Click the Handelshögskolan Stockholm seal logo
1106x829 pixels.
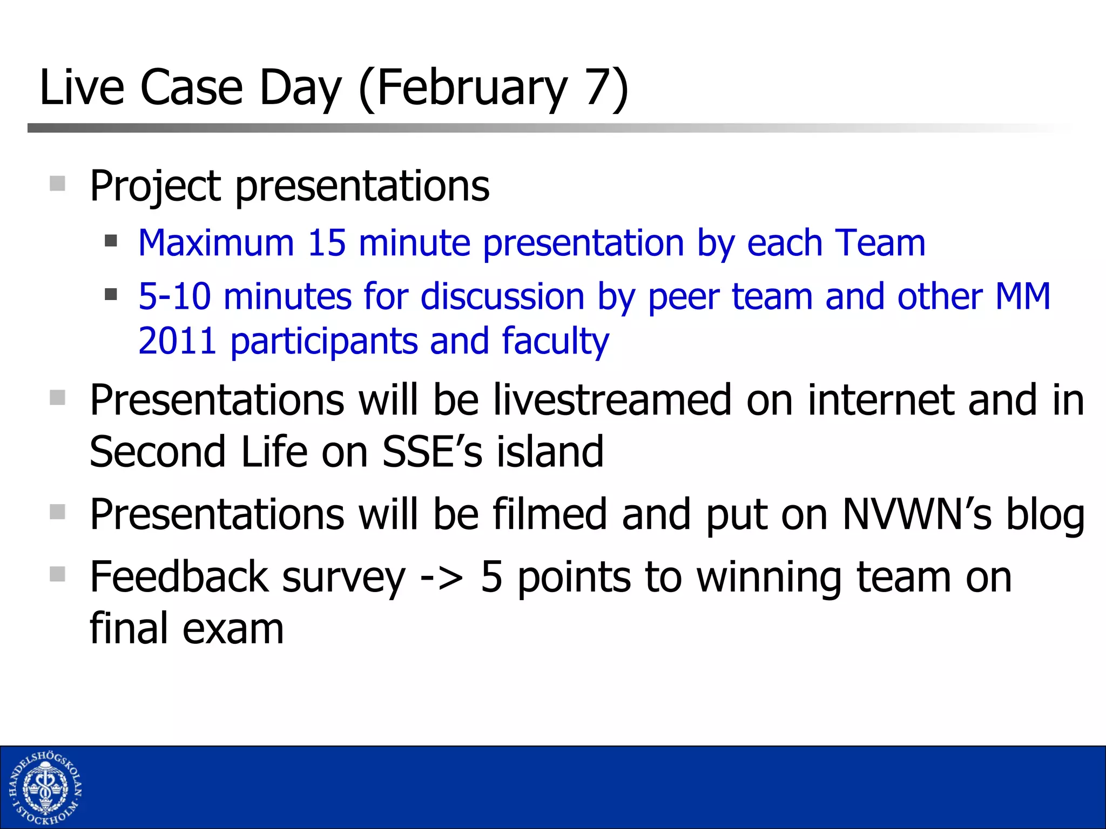45,788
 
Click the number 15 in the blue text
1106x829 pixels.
326,243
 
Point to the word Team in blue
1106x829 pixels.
880,243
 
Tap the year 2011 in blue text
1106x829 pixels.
177,341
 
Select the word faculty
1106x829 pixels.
555,341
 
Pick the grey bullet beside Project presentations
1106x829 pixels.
57,184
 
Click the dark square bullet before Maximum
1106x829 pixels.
111,240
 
